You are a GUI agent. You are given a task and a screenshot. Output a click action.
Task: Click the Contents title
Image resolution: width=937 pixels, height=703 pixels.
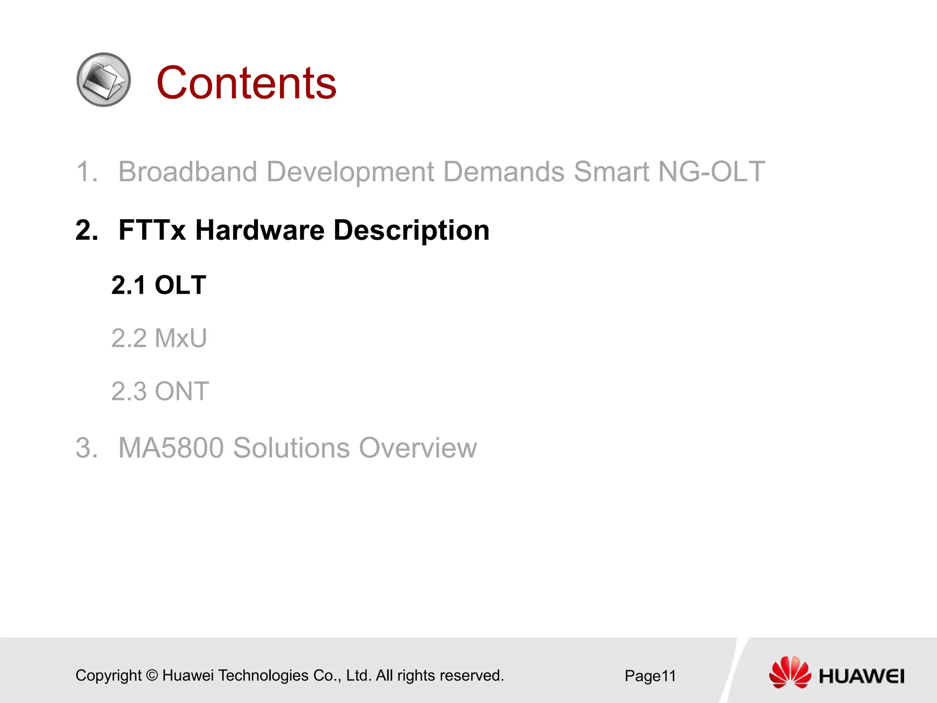[x=246, y=83]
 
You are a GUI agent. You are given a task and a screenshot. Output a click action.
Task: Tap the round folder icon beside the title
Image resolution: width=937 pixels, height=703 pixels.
[x=104, y=80]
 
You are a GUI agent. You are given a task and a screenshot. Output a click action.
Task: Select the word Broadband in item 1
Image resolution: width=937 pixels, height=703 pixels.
[x=188, y=172]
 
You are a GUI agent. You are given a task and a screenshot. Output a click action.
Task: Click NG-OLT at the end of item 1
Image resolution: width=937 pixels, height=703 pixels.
[x=711, y=172]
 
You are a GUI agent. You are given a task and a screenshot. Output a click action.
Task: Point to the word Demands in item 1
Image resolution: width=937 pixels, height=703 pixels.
[x=504, y=172]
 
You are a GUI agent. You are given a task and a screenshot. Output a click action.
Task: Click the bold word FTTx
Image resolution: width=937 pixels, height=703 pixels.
[x=152, y=230]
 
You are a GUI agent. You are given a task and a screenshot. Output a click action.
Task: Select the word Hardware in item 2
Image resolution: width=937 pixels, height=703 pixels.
[x=260, y=230]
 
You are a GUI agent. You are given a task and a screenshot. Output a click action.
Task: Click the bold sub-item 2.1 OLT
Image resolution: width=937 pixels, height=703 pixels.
[x=159, y=285]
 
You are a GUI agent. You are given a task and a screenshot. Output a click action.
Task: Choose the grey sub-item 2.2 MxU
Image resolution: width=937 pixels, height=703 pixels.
[x=159, y=339]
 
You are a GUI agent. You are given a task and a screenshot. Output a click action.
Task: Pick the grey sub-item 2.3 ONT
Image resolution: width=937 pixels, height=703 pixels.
[x=160, y=392]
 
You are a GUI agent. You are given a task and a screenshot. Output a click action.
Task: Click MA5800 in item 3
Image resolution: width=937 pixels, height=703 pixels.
[x=171, y=448]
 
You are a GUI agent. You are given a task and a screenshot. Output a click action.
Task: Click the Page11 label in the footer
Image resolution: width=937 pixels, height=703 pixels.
[x=650, y=676]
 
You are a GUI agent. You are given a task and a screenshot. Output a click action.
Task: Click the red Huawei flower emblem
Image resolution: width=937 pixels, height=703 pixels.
[x=790, y=672]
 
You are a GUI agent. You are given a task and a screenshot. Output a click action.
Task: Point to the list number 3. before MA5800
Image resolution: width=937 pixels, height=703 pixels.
[x=86, y=448]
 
